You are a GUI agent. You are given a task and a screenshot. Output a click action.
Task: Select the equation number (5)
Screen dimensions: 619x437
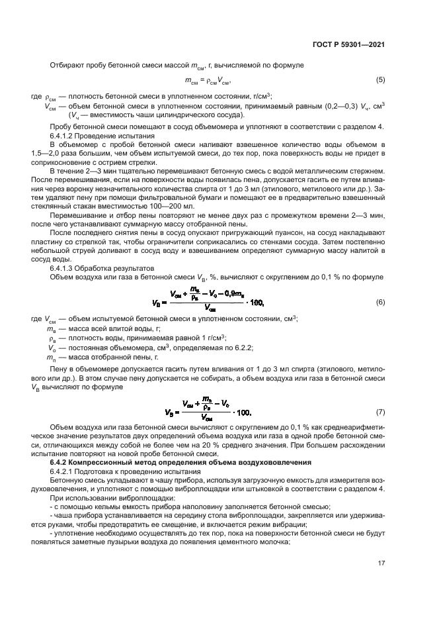click(381, 80)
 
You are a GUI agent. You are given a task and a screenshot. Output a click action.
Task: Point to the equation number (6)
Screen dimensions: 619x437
click(381, 303)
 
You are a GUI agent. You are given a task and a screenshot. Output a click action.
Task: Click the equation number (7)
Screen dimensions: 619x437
click(381, 412)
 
